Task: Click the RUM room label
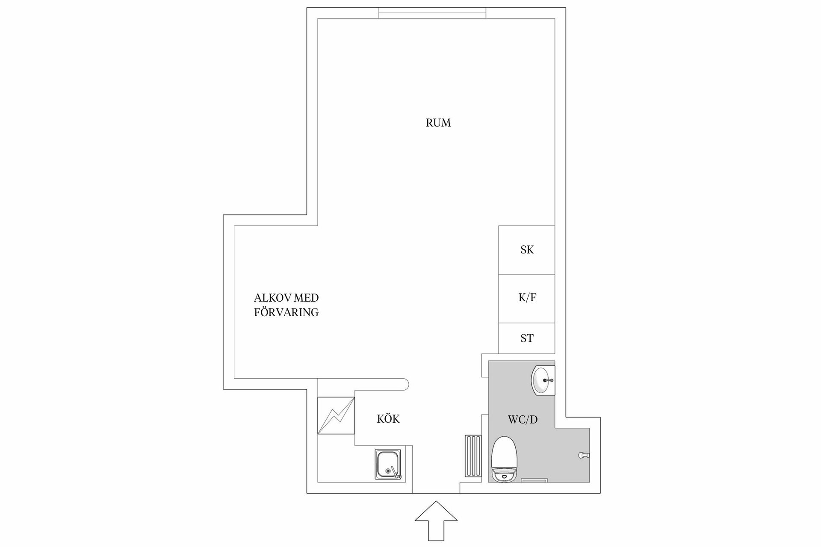(x=438, y=123)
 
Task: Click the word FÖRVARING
(x=286, y=312)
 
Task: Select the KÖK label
(x=388, y=419)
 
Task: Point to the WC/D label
(x=523, y=420)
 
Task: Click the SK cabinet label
(x=527, y=250)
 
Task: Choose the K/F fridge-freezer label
(x=527, y=298)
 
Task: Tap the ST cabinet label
(x=527, y=338)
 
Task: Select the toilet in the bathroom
(x=505, y=459)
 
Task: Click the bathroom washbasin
(x=543, y=379)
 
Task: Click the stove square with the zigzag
(x=336, y=416)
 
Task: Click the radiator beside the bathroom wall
(x=473, y=456)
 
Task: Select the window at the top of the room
(x=432, y=13)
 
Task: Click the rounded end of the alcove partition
(x=405, y=384)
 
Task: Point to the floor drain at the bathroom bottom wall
(x=535, y=480)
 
